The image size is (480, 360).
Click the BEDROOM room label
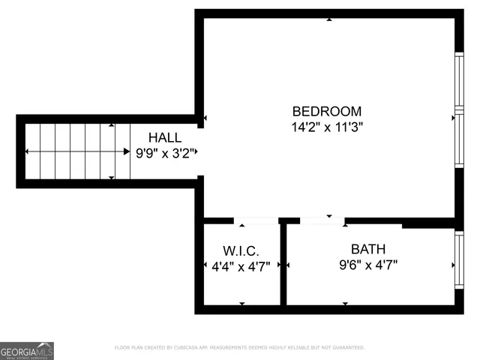[326, 111]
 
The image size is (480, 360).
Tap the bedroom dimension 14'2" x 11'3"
[326, 127]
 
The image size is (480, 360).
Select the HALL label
[164, 138]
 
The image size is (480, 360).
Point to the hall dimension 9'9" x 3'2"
[165, 153]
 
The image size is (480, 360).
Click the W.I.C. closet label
[241, 250]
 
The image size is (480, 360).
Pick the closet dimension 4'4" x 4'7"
[241, 265]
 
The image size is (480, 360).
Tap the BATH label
[368, 249]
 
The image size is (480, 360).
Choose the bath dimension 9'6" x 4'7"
[367, 265]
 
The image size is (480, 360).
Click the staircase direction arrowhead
[125, 152]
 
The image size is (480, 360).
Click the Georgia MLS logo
[27, 350]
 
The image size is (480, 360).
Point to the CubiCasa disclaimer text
[239, 348]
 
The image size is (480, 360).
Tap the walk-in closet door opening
[255, 221]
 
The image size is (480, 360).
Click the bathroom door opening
[322, 221]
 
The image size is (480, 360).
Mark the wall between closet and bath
[283, 264]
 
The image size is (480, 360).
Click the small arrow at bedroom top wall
[329, 19]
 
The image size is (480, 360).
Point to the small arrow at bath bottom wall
[345, 303]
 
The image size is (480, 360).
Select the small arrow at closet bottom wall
[241, 303]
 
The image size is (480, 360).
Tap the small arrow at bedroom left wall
[205, 118]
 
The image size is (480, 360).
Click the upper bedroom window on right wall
[459, 82]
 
